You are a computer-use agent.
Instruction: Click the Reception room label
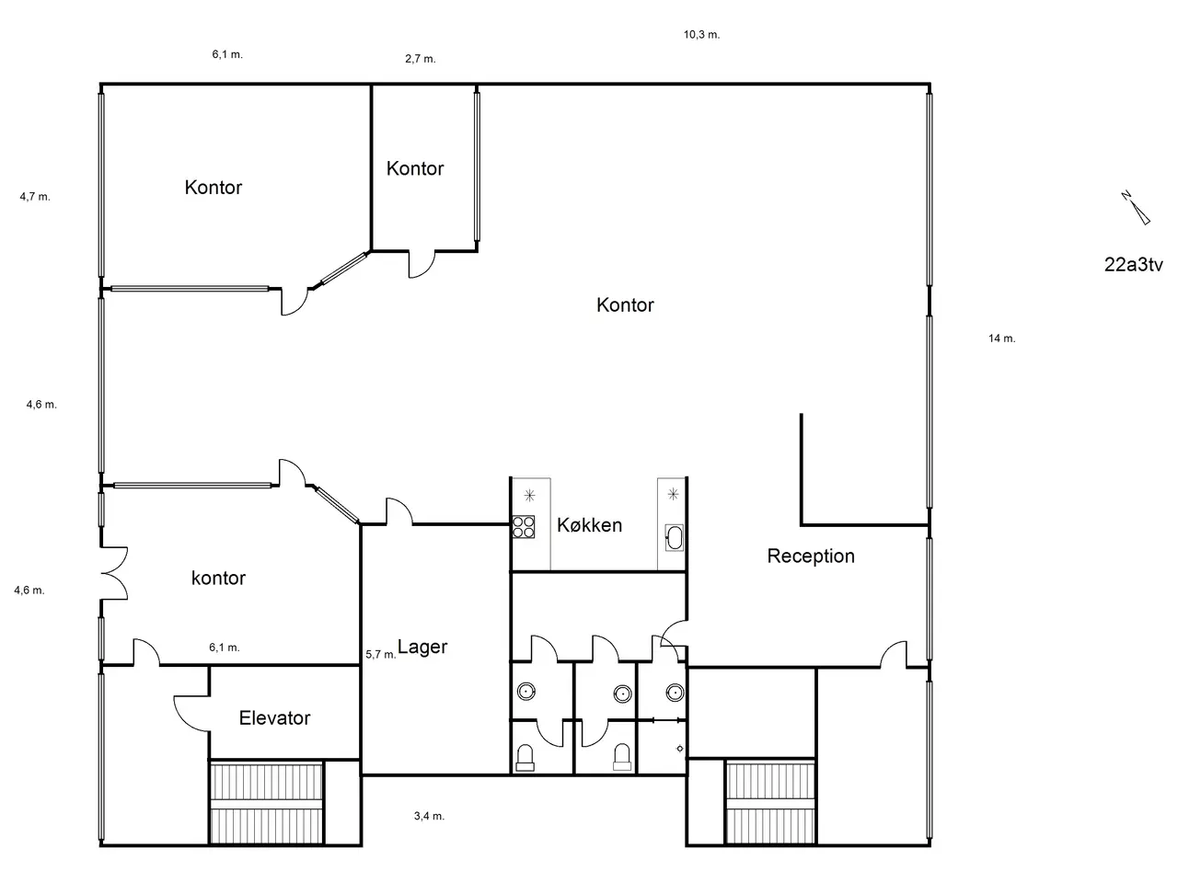tap(811, 556)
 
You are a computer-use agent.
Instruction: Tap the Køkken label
tap(589, 525)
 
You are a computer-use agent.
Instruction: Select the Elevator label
tap(274, 717)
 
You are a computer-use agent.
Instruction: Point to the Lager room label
tap(422, 648)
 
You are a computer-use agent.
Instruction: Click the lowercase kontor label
tap(218, 578)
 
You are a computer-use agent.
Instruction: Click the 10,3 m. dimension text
tap(701, 35)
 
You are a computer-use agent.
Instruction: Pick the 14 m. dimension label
tap(1001, 338)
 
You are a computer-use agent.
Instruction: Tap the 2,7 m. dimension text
tap(421, 59)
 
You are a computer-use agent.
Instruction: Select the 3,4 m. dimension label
tap(429, 816)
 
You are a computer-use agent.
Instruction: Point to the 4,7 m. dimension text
tap(35, 197)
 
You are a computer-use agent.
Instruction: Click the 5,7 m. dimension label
tap(380, 655)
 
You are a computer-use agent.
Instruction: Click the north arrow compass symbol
tap(1136, 208)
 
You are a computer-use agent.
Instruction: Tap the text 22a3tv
tap(1134, 264)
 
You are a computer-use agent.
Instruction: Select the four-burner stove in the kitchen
tap(524, 526)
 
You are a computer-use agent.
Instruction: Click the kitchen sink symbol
tap(674, 538)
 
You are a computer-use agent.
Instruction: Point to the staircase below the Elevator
tap(266, 803)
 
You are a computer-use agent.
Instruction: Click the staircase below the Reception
tap(770, 802)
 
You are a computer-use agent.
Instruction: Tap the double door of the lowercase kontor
tap(114, 573)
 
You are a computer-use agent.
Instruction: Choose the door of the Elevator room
tap(191, 713)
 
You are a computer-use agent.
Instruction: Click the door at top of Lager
tap(399, 510)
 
